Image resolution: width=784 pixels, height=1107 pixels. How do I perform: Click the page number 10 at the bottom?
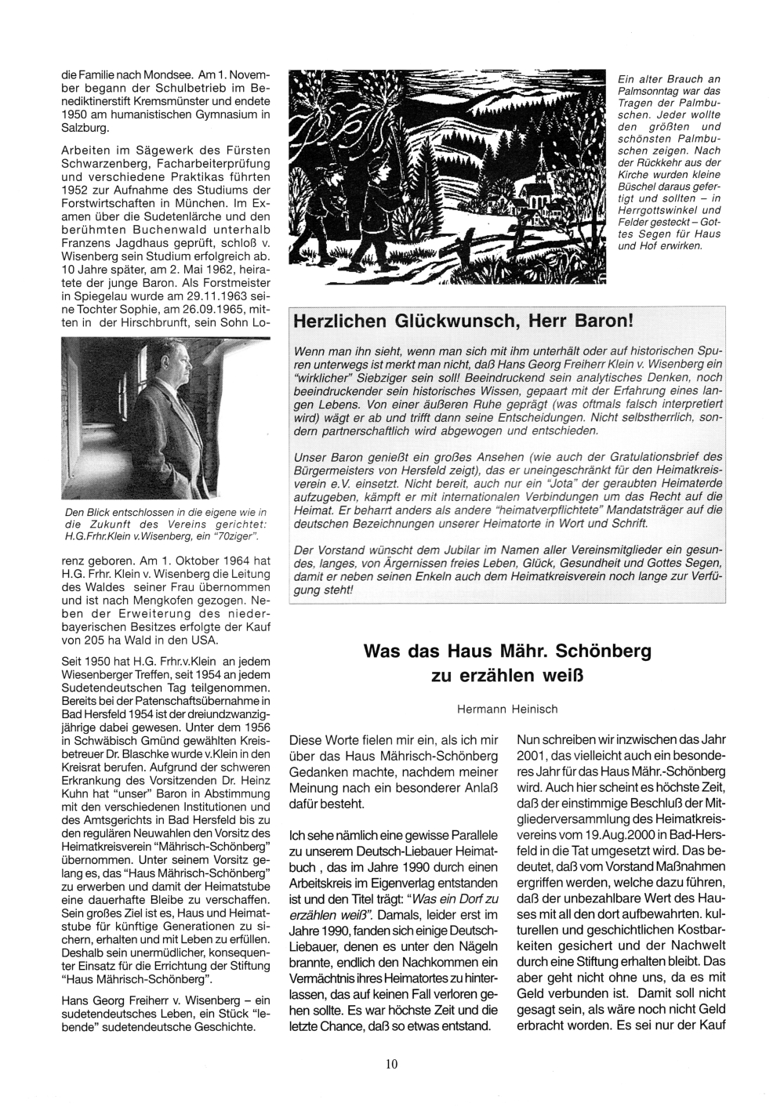tap(392, 1064)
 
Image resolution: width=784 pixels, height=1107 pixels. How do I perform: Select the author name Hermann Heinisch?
tap(507, 709)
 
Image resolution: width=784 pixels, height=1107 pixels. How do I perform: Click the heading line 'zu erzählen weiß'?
tap(507, 676)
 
